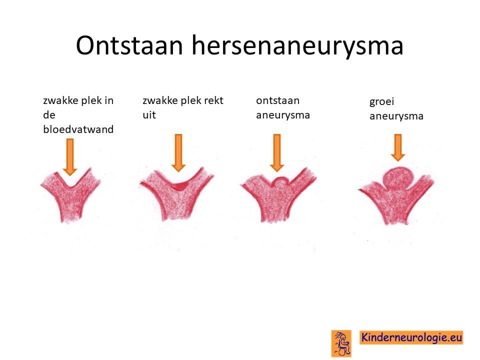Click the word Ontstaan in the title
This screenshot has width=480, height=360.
coord(129,45)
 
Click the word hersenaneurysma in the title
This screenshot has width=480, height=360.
coord(297,45)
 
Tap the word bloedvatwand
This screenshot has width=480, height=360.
coord(78,129)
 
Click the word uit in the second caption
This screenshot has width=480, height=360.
coord(149,115)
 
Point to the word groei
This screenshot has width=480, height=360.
coord(381,102)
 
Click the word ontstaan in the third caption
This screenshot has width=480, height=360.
coord(277,100)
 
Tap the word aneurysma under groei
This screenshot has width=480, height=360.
coord(396,116)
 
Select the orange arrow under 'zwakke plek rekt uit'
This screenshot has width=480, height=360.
coord(178,152)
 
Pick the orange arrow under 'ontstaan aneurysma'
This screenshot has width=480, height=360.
coord(276,152)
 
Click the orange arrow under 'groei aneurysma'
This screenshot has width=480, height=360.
coord(398,147)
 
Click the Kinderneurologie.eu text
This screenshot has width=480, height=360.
coord(411,337)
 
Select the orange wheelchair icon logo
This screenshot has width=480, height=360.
coord(341,343)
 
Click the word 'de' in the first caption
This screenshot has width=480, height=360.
coord(49,115)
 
